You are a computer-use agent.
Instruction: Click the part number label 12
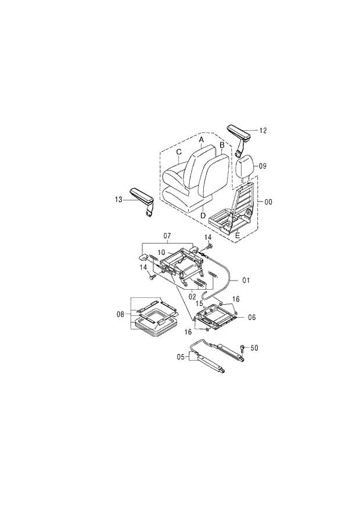263,131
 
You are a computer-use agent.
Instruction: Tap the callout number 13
118,199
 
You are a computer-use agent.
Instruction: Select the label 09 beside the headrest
262,166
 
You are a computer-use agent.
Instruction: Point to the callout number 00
268,202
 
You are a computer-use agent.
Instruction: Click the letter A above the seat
201,140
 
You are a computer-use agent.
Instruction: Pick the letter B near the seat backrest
222,144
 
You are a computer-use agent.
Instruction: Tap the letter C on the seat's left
179,152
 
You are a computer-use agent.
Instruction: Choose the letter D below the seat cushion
203,216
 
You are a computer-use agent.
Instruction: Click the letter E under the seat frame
237,235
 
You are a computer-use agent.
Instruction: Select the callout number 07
167,236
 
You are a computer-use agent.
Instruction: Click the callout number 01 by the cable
246,281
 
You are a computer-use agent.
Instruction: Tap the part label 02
192,297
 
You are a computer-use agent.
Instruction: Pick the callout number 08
120,314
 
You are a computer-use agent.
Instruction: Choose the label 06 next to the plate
251,317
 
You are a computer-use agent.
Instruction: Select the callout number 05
181,357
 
